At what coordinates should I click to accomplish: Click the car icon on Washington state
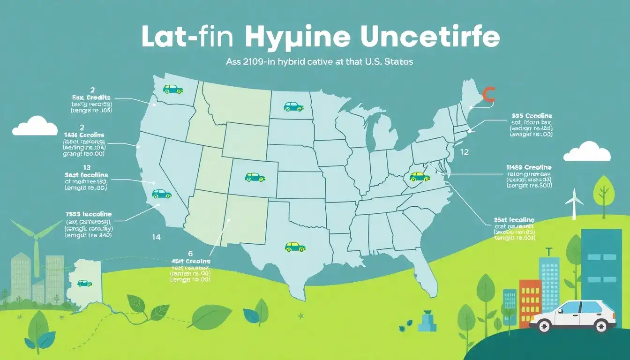[172, 89]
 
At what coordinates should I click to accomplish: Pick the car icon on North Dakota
[293, 106]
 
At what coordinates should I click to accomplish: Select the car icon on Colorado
[255, 177]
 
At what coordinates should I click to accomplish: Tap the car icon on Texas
[295, 246]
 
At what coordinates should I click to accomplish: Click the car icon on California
[161, 194]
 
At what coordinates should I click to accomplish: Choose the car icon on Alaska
[84, 283]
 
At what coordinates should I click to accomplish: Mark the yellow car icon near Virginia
[419, 176]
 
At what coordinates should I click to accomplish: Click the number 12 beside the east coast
[464, 152]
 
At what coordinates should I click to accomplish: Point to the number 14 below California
[156, 237]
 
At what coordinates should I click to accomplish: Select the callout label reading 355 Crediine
[532, 115]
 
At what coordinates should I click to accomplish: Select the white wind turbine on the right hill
[574, 202]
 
